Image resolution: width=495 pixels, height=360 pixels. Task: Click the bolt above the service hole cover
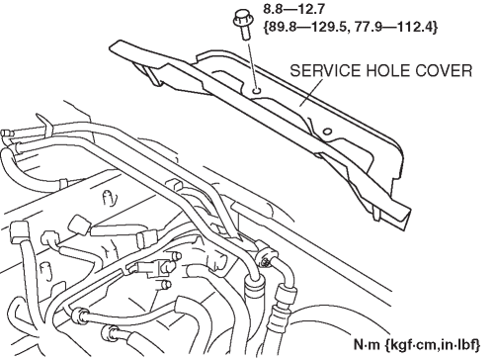tap(242, 24)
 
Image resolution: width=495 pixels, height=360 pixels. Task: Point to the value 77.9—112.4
tap(391, 28)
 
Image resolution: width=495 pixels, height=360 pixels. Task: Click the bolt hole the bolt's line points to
tap(257, 90)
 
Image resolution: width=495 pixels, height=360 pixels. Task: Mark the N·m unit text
tap(367, 344)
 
